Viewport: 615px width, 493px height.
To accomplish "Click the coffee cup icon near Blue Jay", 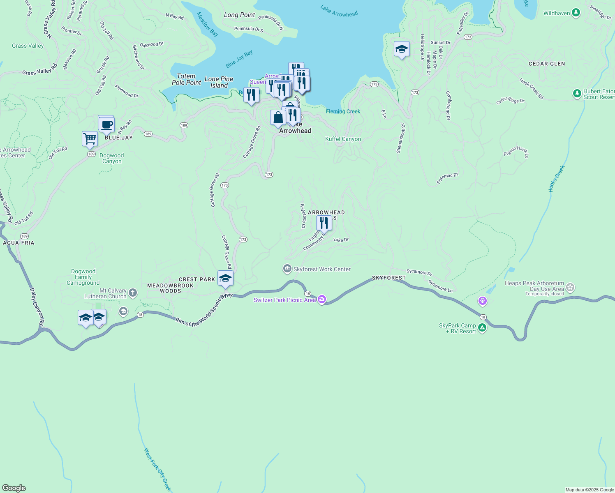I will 106,124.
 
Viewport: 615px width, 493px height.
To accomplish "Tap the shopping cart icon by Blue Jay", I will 90,139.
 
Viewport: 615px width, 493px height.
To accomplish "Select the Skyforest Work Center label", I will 322,269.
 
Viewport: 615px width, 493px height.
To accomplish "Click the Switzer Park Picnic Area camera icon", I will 322,299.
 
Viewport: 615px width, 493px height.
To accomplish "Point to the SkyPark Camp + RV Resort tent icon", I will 482,328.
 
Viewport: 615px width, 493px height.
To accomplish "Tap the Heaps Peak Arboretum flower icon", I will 570,287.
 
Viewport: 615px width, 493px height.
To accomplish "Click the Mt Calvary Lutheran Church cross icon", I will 132,293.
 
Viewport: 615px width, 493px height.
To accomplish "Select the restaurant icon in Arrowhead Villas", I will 324,223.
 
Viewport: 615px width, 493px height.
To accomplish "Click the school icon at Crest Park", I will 225,278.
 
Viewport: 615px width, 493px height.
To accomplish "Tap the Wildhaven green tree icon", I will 576,13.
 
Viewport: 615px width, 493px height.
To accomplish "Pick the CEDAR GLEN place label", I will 547,64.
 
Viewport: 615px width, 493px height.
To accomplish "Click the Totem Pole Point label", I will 186,79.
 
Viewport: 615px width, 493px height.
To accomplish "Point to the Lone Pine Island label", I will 219,82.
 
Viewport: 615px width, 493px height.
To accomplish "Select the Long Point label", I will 239,15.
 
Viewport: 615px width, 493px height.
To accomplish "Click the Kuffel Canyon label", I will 343,139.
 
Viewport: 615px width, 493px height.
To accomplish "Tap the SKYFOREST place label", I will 388,278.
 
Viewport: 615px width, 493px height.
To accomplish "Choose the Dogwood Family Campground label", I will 83,277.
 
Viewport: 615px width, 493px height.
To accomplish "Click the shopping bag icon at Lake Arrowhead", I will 278,117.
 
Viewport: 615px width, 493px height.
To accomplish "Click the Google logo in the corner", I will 14,488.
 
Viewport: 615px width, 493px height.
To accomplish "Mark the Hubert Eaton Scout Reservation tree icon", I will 577,94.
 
